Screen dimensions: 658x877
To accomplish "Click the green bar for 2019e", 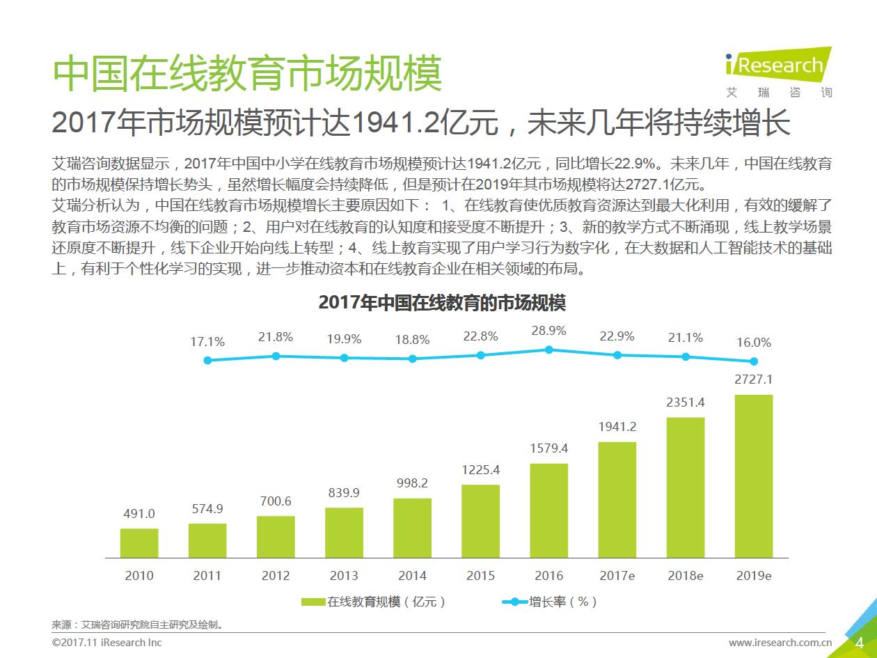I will pos(754,476).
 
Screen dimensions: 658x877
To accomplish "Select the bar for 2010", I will pos(139,543).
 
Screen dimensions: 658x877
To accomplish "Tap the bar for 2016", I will pos(548,510).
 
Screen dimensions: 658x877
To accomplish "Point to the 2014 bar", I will pos(412,528).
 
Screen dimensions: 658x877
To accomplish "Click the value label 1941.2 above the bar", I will pos(617,427).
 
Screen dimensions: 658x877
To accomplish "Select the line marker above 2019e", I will pos(754,361).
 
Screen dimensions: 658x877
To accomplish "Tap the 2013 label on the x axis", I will pos(344,576).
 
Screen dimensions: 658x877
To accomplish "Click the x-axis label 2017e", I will pos(617,576).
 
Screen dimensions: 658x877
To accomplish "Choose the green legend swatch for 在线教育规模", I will pos(313,602).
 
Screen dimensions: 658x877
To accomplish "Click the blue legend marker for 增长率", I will pos(515,602).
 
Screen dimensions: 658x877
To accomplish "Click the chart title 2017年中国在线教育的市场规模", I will pos(442,303).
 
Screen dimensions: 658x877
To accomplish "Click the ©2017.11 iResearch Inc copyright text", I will pos(106,642).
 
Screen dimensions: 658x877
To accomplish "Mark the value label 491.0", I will pos(139,514).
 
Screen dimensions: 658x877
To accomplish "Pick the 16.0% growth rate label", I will pos(754,343).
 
